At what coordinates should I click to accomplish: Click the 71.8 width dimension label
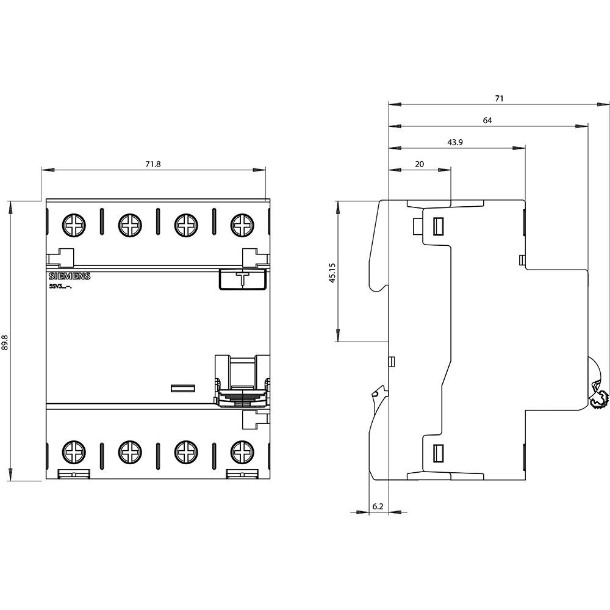click(153, 164)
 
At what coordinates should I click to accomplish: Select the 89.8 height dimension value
click(5, 345)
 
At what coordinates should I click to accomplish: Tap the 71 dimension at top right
click(498, 98)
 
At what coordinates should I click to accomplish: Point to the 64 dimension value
click(487, 121)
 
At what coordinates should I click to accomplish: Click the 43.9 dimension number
click(454, 142)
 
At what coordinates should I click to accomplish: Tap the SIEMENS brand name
click(69, 277)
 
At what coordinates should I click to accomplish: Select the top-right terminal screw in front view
click(242, 225)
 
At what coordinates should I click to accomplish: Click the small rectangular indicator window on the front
click(181, 387)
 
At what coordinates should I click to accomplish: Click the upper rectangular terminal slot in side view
click(438, 227)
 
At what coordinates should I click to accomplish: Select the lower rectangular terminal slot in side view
click(438, 453)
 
